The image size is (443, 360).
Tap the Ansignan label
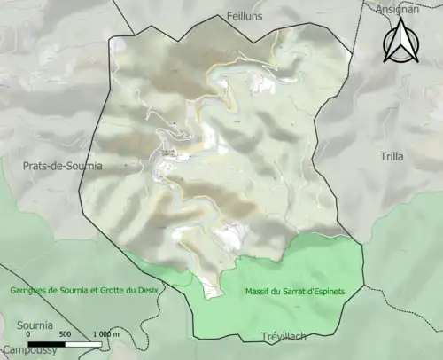coord(398,8)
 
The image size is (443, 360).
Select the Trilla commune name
coord(391,156)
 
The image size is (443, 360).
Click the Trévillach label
coord(284,336)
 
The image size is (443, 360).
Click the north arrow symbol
coord(400,42)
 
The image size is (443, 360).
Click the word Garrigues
coord(27,291)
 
